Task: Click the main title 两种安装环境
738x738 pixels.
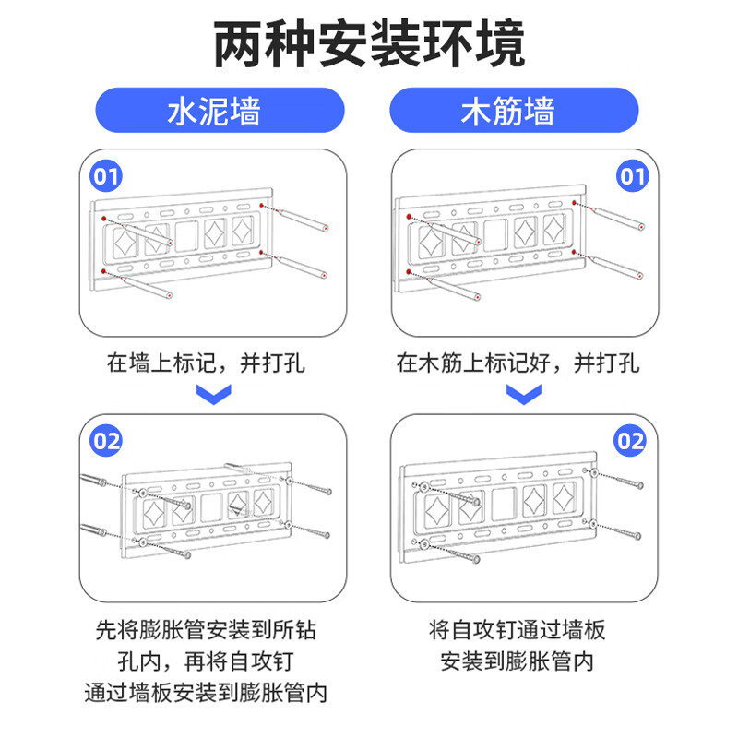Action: pos(369,43)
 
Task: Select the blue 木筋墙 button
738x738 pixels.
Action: pos(515,112)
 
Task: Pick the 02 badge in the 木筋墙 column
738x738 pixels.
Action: pos(631,441)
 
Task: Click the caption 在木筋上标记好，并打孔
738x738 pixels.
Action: pos(518,363)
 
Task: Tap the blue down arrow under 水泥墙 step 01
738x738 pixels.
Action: pos(215,396)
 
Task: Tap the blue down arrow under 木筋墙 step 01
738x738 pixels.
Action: pos(524,396)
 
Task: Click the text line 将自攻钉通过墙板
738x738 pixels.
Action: pos(518,630)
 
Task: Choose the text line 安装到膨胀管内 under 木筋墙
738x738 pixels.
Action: pos(518,661)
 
